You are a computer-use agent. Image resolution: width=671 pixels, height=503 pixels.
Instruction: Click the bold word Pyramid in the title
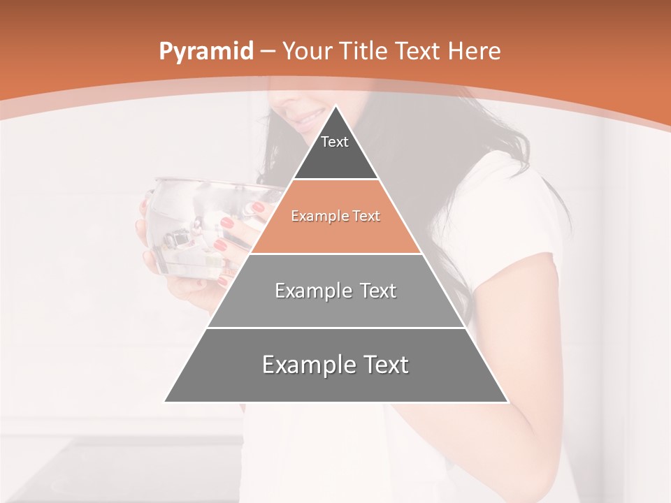pos(205,52)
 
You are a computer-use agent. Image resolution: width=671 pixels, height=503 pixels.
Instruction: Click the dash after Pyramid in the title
pos(268,52)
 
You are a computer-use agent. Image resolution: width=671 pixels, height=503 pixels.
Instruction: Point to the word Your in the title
pos(308,52)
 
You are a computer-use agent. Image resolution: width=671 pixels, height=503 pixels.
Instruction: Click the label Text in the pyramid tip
pos(335,142)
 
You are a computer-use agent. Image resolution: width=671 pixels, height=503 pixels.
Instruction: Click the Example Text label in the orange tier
pos(335,216)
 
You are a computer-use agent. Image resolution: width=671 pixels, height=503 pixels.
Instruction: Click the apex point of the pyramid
pos(335,106)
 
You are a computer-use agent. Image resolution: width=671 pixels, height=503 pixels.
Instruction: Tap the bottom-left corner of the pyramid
pos(166,401)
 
